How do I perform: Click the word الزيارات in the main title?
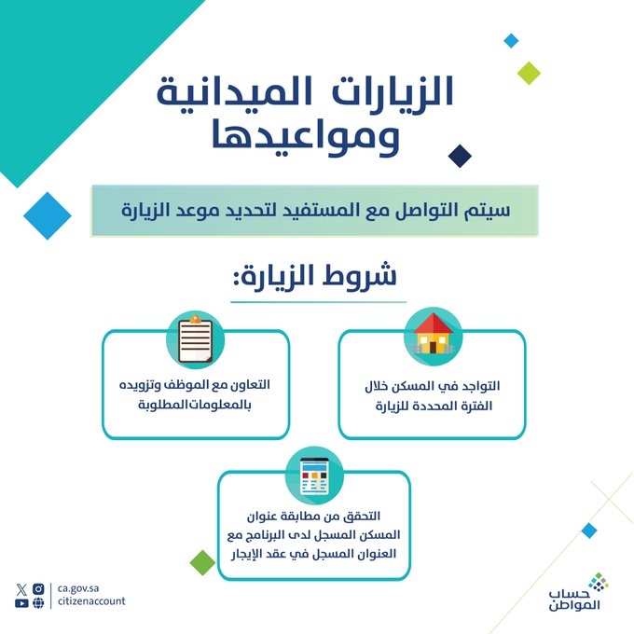point(393,90)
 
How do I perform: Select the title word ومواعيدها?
point(306,137)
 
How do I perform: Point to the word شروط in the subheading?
point(360,275)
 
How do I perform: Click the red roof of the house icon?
point(433,324)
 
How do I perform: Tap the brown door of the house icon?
point(433,347)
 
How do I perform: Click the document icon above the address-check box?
point(314,476)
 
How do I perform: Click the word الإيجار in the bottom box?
point(248,554)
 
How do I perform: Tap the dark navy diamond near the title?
point(460,156)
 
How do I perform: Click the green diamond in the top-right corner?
point(529,73)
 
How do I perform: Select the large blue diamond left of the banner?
point(48,216)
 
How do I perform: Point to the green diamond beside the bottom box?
point(202,562)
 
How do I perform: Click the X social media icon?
point(21,589)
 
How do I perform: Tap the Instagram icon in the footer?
point(38,588)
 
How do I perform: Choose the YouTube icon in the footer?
point(21,603)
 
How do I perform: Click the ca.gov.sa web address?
point(78,588)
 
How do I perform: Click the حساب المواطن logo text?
point(574,600)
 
